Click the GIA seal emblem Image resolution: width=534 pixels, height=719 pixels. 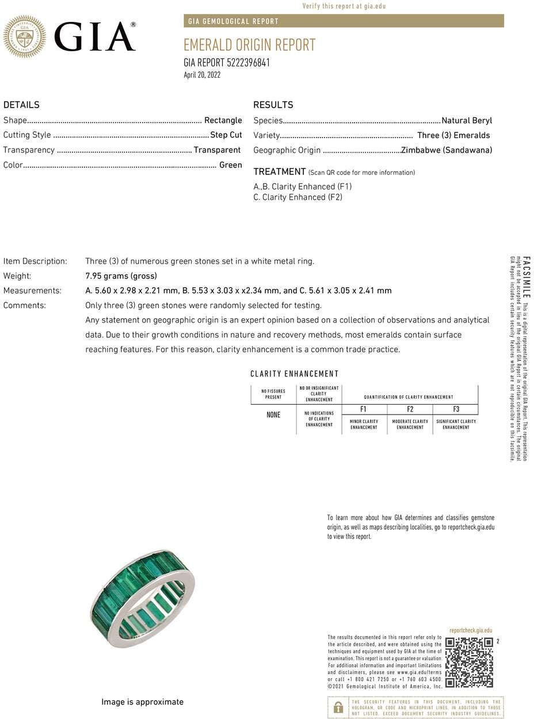(25, 36)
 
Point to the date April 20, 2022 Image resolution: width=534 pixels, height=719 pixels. (202, 75)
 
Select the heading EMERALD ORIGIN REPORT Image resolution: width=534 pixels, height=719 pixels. (249, 45)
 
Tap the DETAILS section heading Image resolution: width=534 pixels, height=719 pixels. (21, 105)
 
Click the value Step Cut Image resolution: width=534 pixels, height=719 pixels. (226, 135)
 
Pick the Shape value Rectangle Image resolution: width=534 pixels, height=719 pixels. (223, 120)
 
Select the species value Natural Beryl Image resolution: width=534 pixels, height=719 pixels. (467, 121)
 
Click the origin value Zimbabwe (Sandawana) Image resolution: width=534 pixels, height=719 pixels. (447, 150)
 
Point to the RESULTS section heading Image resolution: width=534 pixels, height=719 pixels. (273, 105)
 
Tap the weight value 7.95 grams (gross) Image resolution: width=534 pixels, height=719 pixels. (121, 276)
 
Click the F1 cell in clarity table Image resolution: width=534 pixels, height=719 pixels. (364, 409)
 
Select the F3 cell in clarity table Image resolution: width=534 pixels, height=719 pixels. (456, 409)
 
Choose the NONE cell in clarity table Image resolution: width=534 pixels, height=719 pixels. (273, 415)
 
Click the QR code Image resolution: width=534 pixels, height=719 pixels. (469, 662)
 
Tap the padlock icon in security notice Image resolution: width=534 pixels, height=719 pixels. (338, 707)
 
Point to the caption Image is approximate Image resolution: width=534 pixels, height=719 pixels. (142, 702)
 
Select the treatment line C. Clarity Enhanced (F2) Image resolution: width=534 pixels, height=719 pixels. (297, 197)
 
